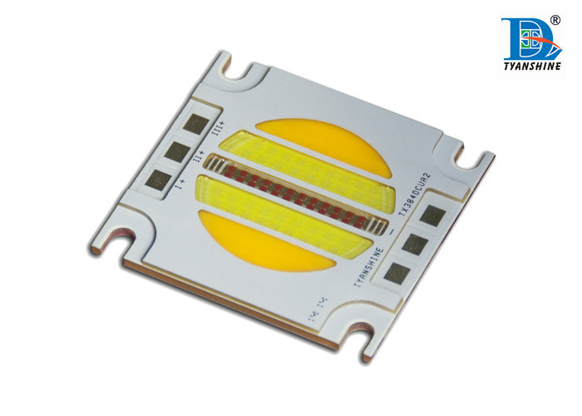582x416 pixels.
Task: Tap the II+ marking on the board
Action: [199, 157]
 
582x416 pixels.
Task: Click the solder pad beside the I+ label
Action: [155, 176]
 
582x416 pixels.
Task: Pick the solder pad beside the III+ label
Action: [195, 125]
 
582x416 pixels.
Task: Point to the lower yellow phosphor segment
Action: [250, 242]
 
